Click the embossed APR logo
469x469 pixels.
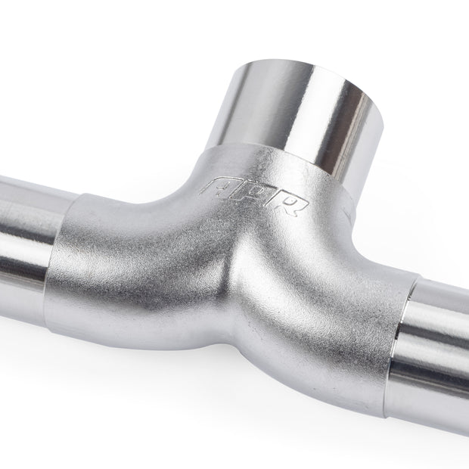coord(253,196)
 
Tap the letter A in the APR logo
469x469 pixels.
coord(216,187)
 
